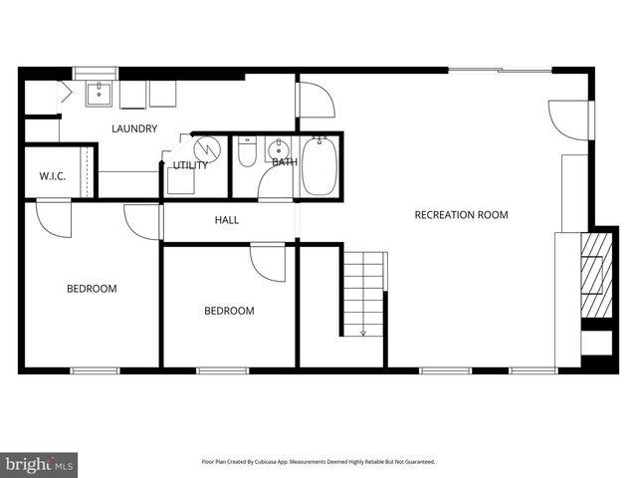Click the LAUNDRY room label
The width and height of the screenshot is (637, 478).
tap(134, 128)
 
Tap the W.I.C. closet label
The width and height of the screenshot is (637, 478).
tap(52, 176)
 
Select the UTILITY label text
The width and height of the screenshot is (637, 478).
tap(190, 165)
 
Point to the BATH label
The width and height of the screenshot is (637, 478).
tap(285, 161)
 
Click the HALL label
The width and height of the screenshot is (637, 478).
tap(227, 220)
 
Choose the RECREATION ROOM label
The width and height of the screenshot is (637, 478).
tap(461, 214)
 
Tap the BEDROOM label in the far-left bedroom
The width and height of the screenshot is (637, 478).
tap(92, 289)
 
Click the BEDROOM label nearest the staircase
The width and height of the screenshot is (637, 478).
tap(229, 311)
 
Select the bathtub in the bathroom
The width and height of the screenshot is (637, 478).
tap(320, 167)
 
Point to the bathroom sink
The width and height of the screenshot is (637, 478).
tap(281, 149)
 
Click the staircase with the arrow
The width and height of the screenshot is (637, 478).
tap(363, 294)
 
